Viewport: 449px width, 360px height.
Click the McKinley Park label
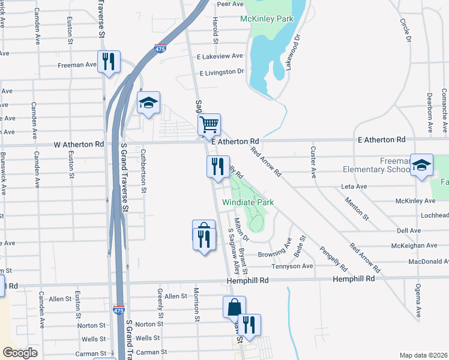267,19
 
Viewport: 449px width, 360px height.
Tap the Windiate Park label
248,203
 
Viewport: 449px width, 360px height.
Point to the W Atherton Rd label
79,145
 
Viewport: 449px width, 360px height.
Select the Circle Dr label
405,30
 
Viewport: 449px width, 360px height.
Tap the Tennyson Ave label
292,266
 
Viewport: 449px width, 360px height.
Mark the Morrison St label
196,304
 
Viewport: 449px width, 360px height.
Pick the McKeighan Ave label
414,246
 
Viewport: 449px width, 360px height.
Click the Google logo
20,353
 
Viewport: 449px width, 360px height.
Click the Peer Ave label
230,4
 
